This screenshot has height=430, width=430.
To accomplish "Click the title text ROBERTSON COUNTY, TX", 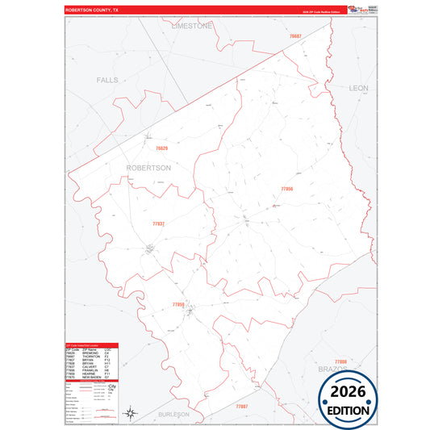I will (91, 10).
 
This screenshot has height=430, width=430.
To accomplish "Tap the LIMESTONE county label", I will (192, 26).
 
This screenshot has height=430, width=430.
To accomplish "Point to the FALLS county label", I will (107, 81).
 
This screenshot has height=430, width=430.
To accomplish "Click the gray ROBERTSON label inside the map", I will (148, 168).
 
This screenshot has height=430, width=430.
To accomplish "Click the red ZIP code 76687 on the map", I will (295, 37).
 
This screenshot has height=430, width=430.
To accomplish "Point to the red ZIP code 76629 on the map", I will (161, 148).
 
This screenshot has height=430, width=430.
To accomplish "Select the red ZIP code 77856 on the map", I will (287, 188).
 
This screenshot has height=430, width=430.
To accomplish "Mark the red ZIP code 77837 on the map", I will (158, 223).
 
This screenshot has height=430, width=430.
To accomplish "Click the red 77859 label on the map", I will (178, 304).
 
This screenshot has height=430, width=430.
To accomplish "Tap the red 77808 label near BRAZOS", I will (340, 361).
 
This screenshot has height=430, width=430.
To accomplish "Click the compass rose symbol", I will (130, 414).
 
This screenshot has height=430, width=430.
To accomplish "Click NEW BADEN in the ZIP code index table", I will (90, 377).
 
